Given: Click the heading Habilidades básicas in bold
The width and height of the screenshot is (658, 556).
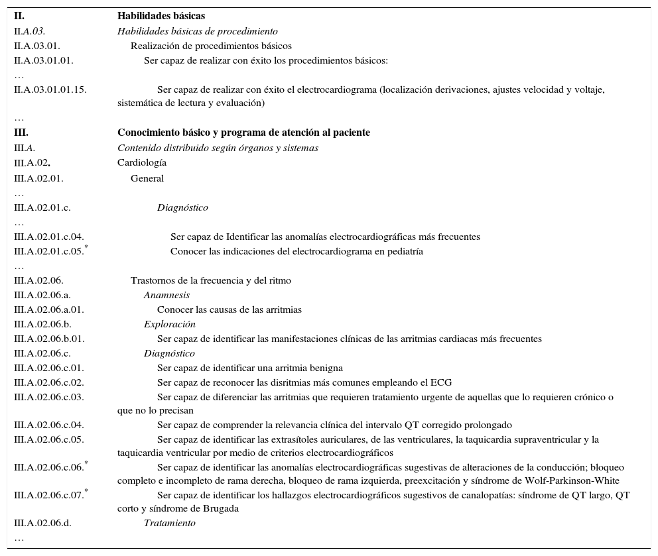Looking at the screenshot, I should coord(161,16).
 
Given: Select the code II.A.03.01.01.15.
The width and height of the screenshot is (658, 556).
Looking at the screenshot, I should coord(50,89).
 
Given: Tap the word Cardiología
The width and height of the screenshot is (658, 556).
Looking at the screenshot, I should coord(142,163).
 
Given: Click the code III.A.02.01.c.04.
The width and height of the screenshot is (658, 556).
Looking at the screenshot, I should coord(49,237).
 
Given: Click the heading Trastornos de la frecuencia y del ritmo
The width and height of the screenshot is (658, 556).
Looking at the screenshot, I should coord(211,281).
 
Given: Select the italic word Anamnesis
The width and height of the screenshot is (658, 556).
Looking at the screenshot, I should coord(166,296).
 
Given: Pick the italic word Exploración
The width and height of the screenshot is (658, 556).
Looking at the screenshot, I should coord(169,325).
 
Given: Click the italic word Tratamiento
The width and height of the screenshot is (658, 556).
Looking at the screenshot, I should coord(169,524).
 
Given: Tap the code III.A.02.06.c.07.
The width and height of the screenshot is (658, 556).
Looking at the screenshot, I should coord(49,496).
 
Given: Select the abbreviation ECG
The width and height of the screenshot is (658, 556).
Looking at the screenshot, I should coord(441,383).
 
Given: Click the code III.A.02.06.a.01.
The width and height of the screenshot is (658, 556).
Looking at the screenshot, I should coord(49,310).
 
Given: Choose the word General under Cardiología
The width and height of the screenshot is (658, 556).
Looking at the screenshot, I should coord(147,178).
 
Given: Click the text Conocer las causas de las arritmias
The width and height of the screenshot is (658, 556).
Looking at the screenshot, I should coord(230,310).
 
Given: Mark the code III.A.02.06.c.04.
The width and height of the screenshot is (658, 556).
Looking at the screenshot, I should coord(49,425).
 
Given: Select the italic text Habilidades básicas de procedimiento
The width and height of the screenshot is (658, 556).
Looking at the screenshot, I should coord(198,31).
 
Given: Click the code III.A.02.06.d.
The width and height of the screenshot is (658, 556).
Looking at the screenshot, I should coord(43,524).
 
